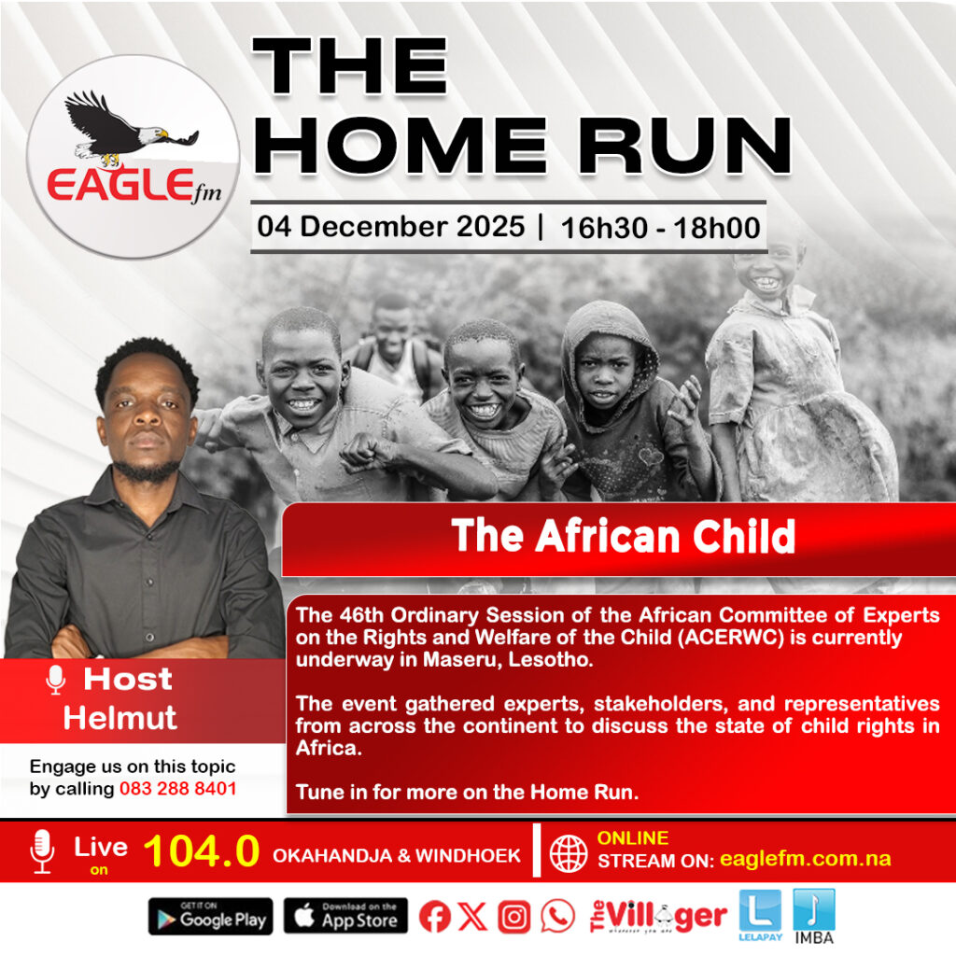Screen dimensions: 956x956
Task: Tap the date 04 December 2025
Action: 391,227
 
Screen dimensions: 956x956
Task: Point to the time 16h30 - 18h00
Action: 660,228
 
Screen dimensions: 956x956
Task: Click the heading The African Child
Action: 623,536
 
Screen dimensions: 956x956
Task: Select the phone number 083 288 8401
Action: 178,788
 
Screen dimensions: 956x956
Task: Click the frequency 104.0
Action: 202,851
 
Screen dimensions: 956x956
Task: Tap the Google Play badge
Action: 210,917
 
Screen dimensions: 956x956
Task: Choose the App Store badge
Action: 345,916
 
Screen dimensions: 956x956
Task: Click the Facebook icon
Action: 435,917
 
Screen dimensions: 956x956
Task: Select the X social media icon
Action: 471,916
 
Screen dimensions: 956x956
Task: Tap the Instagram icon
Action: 514,917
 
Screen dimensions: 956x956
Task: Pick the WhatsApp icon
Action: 557,916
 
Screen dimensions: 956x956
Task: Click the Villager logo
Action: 658,916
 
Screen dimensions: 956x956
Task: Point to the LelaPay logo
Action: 760,915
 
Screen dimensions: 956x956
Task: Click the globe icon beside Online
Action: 569,853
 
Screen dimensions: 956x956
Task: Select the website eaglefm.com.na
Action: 806,859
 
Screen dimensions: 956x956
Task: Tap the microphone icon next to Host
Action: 55,680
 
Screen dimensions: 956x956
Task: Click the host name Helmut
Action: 120,718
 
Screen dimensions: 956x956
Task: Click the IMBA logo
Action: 814,917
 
